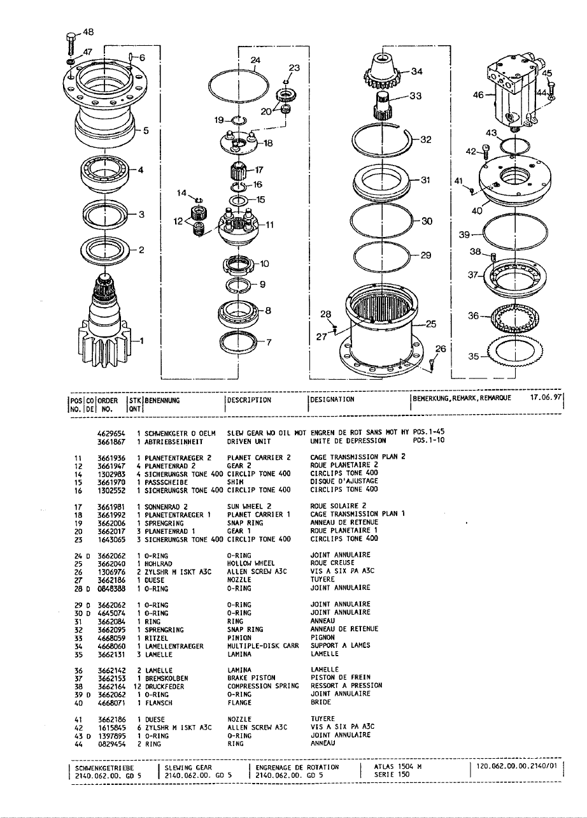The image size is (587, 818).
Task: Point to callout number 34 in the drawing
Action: [417, 71]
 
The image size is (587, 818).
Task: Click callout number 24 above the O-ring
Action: [256, 60]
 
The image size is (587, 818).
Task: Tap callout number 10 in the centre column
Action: [264, 263]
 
